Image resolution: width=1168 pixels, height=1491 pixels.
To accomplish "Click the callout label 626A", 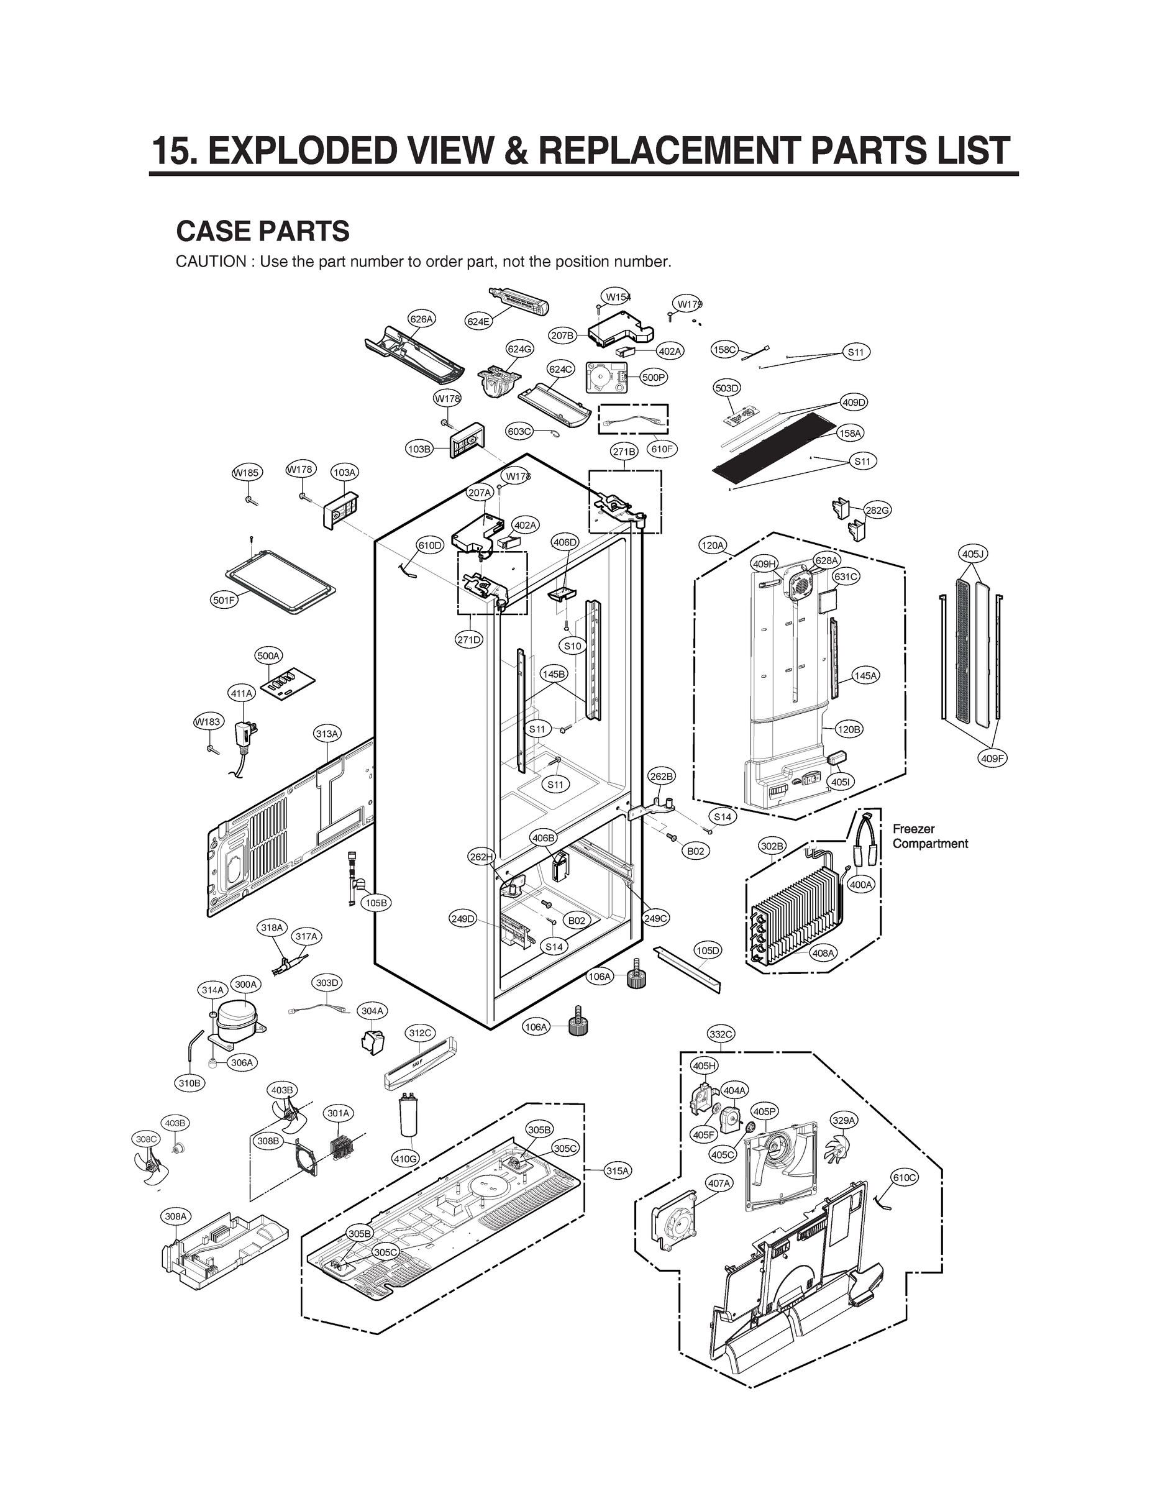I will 421,319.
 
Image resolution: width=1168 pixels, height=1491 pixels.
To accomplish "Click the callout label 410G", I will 405,1158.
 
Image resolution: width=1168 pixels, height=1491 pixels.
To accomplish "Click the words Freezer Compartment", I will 929,836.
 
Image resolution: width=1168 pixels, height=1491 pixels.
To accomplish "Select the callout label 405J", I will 972,554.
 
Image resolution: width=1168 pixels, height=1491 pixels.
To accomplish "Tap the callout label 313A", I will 327,734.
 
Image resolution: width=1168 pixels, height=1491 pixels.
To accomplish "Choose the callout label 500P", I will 654,377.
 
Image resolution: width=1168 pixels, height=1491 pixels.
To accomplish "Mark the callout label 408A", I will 823,953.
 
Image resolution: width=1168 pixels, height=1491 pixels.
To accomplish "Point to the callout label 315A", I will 617,1171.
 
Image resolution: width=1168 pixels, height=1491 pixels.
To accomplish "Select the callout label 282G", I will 877,510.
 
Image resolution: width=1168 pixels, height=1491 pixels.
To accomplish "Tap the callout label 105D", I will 708,951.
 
